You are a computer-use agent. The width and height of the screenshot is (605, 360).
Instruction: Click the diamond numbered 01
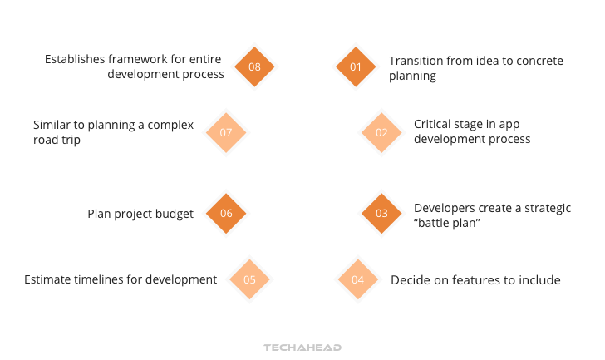(x=356, y=67)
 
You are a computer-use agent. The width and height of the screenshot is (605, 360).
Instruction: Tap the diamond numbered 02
(x=381, y=132)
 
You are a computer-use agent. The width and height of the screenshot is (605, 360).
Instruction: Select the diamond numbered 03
(x=381, y=214)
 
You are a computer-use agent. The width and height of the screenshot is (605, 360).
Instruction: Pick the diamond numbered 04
(x=357, y=279)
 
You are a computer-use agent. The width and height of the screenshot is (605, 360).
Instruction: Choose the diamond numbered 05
(x=249, y=279)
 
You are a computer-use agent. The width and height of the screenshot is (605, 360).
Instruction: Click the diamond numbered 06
(x=226, y=214)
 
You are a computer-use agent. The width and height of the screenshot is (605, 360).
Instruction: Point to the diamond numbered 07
(x=226, y=132)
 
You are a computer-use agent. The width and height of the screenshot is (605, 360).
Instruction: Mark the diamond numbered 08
(x=254, y=67)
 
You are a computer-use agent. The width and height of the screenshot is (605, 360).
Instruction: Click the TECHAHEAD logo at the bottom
(x=302, y=348)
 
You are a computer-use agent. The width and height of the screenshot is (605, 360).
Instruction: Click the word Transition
(x=417, y=61)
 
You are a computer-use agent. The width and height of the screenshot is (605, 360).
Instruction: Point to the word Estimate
(x=51, y=279)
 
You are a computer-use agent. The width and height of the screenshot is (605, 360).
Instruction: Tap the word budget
(x=173, y=214)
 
